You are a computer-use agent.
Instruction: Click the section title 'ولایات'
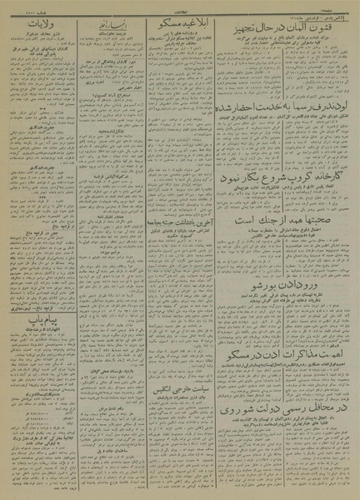(42, 26)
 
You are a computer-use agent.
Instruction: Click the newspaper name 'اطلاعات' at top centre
(180, 8)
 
